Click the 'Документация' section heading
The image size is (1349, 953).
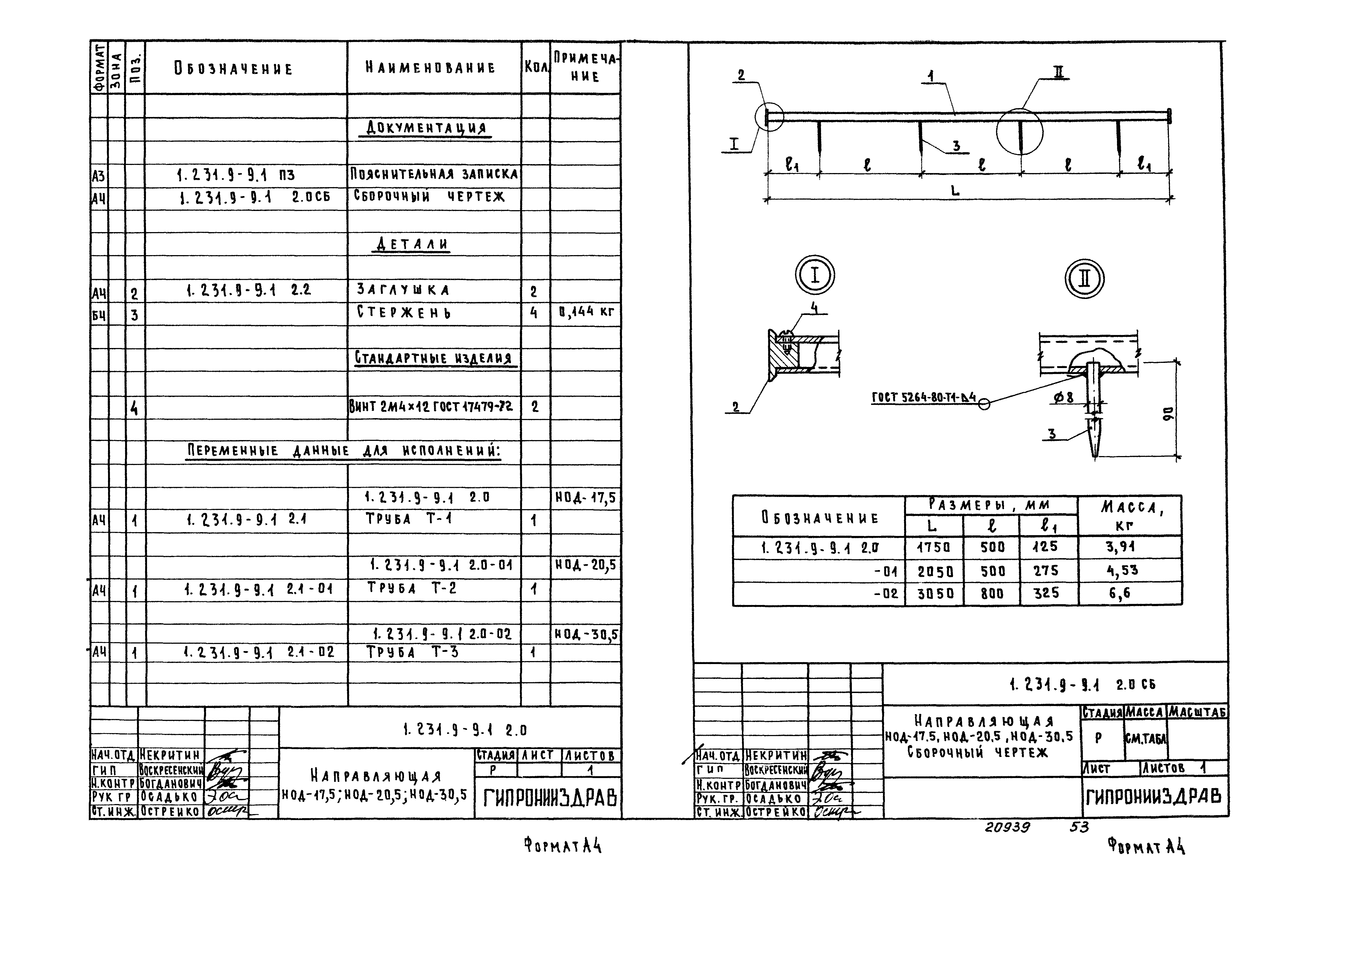[x=426, y=128]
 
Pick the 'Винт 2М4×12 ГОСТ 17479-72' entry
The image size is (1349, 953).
[x=431, y=406]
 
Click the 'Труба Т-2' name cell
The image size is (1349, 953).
[x=411, y=588]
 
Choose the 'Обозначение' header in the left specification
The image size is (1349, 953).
[x=233, y=69]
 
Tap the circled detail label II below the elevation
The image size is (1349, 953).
[x=1084, y=278]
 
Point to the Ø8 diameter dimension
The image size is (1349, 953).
[x=1063, y=398]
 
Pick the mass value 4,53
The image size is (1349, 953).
[x=1122, y=570]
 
